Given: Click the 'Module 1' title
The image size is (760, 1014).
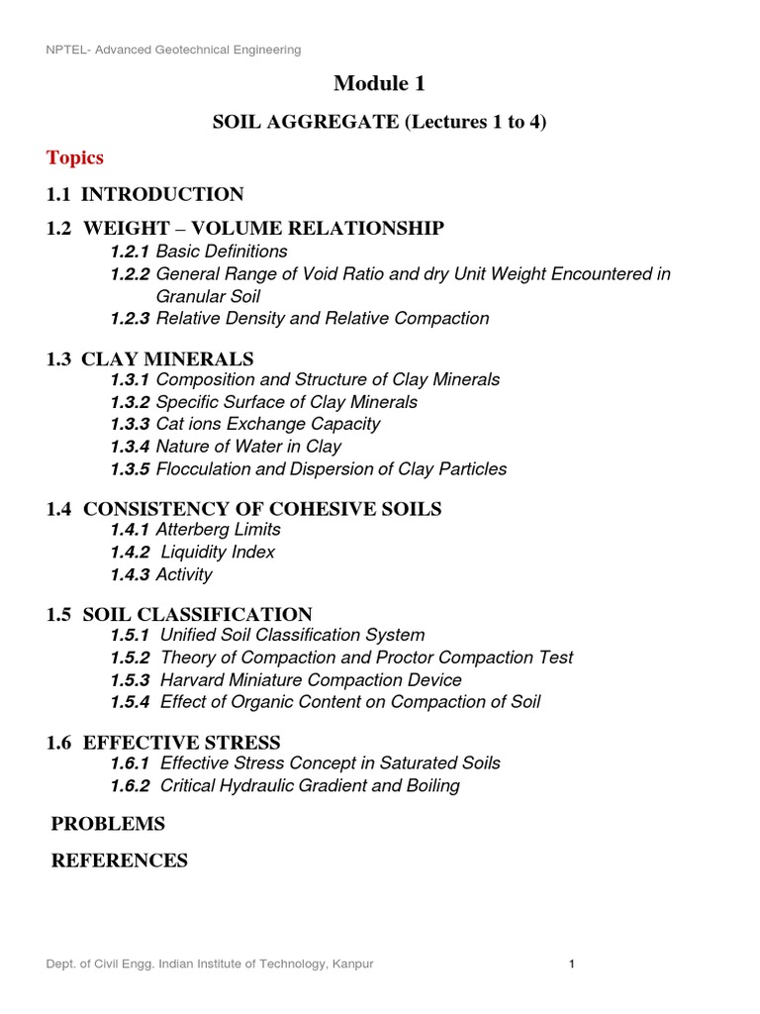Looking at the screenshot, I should point(379,84).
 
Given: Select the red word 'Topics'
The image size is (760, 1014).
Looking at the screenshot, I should point(75,157).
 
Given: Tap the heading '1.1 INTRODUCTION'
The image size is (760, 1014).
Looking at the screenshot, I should point(144,194).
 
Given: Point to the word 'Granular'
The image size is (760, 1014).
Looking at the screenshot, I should point(189,295).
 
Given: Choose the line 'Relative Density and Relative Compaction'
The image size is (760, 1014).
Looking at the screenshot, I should point(323,319).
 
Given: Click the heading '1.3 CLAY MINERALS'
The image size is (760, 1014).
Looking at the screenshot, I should point(149,358).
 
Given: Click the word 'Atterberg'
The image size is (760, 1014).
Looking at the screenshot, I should point(194,530).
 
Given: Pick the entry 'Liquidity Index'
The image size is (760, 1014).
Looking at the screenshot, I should point(218,553).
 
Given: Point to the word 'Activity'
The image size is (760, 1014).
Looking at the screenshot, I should point(184,575).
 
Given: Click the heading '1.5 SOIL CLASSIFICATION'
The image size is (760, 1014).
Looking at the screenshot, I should point(178,614).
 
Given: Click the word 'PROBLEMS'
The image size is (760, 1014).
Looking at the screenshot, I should point(108,824).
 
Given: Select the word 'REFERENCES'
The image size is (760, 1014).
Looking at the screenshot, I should point(119,862).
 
